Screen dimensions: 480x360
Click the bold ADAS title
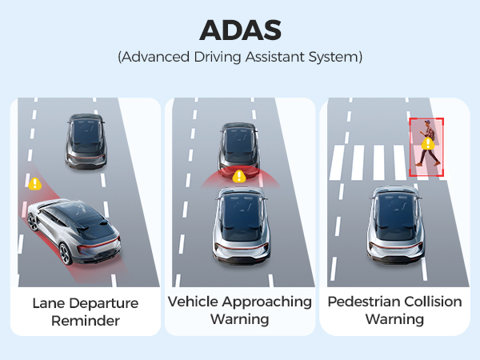pos(240,30)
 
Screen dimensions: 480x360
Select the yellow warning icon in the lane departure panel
pos(35,184)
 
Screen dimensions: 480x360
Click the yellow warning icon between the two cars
pos(239,176)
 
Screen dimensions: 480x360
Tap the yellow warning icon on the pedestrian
pos(428,143)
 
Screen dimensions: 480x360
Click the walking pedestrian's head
pos(427,123)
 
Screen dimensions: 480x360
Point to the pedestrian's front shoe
pos(437,164)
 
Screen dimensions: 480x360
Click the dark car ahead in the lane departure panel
pos(86,142)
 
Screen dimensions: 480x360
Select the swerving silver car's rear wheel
pos(66,254)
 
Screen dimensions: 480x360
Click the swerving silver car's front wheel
pos(33,222)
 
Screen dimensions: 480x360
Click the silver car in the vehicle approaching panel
pos(242,226)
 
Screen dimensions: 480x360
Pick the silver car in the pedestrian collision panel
pos(396,224)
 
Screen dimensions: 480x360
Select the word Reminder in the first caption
pos(86,321)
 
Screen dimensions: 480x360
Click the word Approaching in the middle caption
pos(267,302)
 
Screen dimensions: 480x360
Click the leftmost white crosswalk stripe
pos(338,162)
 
